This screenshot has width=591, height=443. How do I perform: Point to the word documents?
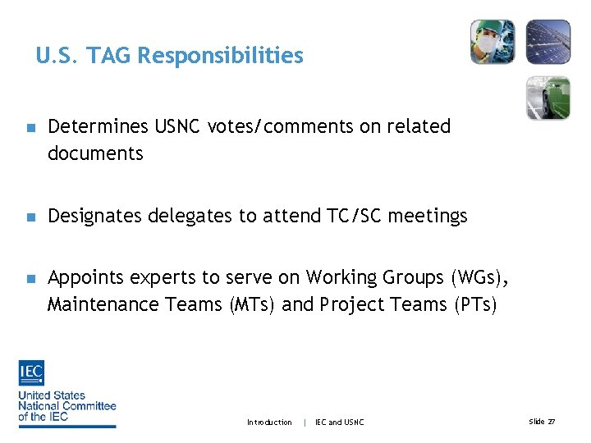point(95,153)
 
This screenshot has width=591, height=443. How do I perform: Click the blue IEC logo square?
point(32,373)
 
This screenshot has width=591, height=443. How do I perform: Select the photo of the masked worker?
point(492,42)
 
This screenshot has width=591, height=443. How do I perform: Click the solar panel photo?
point(547,42)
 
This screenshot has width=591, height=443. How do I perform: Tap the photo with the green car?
point(547,98)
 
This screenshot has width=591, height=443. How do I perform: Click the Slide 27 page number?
point(542,422)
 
